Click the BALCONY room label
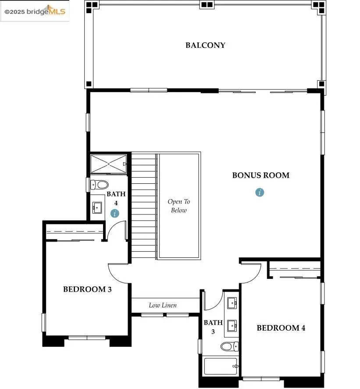[205, 45]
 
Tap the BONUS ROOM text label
[260, 175]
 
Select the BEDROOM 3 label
[87, 289]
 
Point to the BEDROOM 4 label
[281, 328]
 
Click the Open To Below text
[179, 206]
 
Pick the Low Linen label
[163, 305]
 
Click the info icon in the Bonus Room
[260, 192]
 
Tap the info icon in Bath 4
[115, 214]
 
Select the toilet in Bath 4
[100, 185]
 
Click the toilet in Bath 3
[229, 347]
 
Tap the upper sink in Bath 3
[232, 302]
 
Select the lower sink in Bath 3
[232, 325]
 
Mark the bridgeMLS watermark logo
[35, 11]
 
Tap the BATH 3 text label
[213, 327]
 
